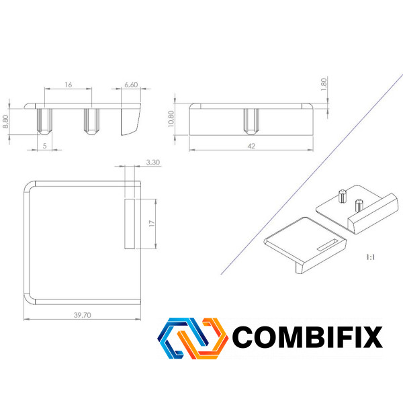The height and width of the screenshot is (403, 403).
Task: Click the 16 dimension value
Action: pyautogui.click(x=68, y=85)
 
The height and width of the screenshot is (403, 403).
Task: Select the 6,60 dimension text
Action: pyautogui.click(x=131, y=85)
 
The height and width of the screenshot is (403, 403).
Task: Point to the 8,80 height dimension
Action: pyautogui.click(x=5, y=122)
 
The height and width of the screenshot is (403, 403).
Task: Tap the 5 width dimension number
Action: pyautogui.click(x=45, y=146)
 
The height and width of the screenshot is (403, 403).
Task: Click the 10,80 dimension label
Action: pyautogui.click(x=171, y=119)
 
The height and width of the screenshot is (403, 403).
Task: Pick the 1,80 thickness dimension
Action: pyautogui.click(x=324, y=85)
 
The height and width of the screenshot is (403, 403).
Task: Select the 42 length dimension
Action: pyautogui.click(x=251, y=146)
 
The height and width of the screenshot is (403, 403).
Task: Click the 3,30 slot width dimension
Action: pyautogui.click(x=153, y=163)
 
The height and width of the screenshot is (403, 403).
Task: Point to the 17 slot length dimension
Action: pyautogui.click(x=152, y=224)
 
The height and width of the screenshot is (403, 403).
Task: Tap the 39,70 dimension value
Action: pyautogui.click(x=82, y=315)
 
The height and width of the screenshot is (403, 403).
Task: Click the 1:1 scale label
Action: pyautogui.click(x=370, y=257)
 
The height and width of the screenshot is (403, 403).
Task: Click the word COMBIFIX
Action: pyautogui.click(x=308, y=337)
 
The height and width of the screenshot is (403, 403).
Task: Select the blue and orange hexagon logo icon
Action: pyautogui.click(x=193, y=339)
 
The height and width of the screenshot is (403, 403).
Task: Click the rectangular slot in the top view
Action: pyautogui.click(x=130, y=224)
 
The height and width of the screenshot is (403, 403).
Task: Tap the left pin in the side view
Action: pyautogui.click(x=45, y=122)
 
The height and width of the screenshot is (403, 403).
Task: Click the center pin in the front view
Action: pyautogui.click(x=251, y=122)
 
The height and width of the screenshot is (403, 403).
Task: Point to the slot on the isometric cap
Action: pyautogui.click(x=328, y=245)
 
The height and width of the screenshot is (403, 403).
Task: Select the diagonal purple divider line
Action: pyautogui.click(x=312, y=175)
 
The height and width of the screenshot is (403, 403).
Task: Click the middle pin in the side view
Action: pyautogui.click(x=92, y=122)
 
